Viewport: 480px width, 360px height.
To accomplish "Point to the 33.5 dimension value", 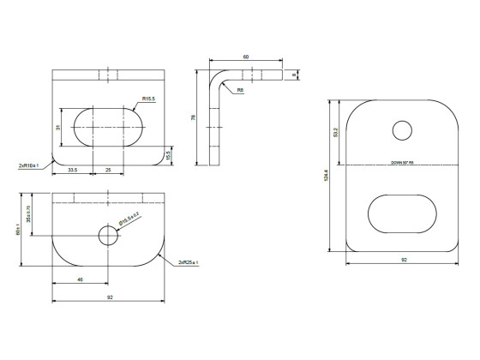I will click(72, 170).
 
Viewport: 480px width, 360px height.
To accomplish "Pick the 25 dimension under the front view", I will click(107, 170).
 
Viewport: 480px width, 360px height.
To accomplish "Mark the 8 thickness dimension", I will click(293, 75).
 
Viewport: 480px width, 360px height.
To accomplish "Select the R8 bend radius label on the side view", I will click(240, 89).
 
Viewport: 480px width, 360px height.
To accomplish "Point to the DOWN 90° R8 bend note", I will click(402, 162).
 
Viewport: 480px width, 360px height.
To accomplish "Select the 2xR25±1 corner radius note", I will click(189, 261).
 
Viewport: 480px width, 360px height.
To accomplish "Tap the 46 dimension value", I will click(80, 279).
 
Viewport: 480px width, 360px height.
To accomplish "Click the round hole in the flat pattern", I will click(402, 129).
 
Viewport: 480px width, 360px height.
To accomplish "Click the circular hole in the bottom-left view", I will click(107, 234).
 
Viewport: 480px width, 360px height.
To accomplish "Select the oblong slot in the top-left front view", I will click(107, 128).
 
